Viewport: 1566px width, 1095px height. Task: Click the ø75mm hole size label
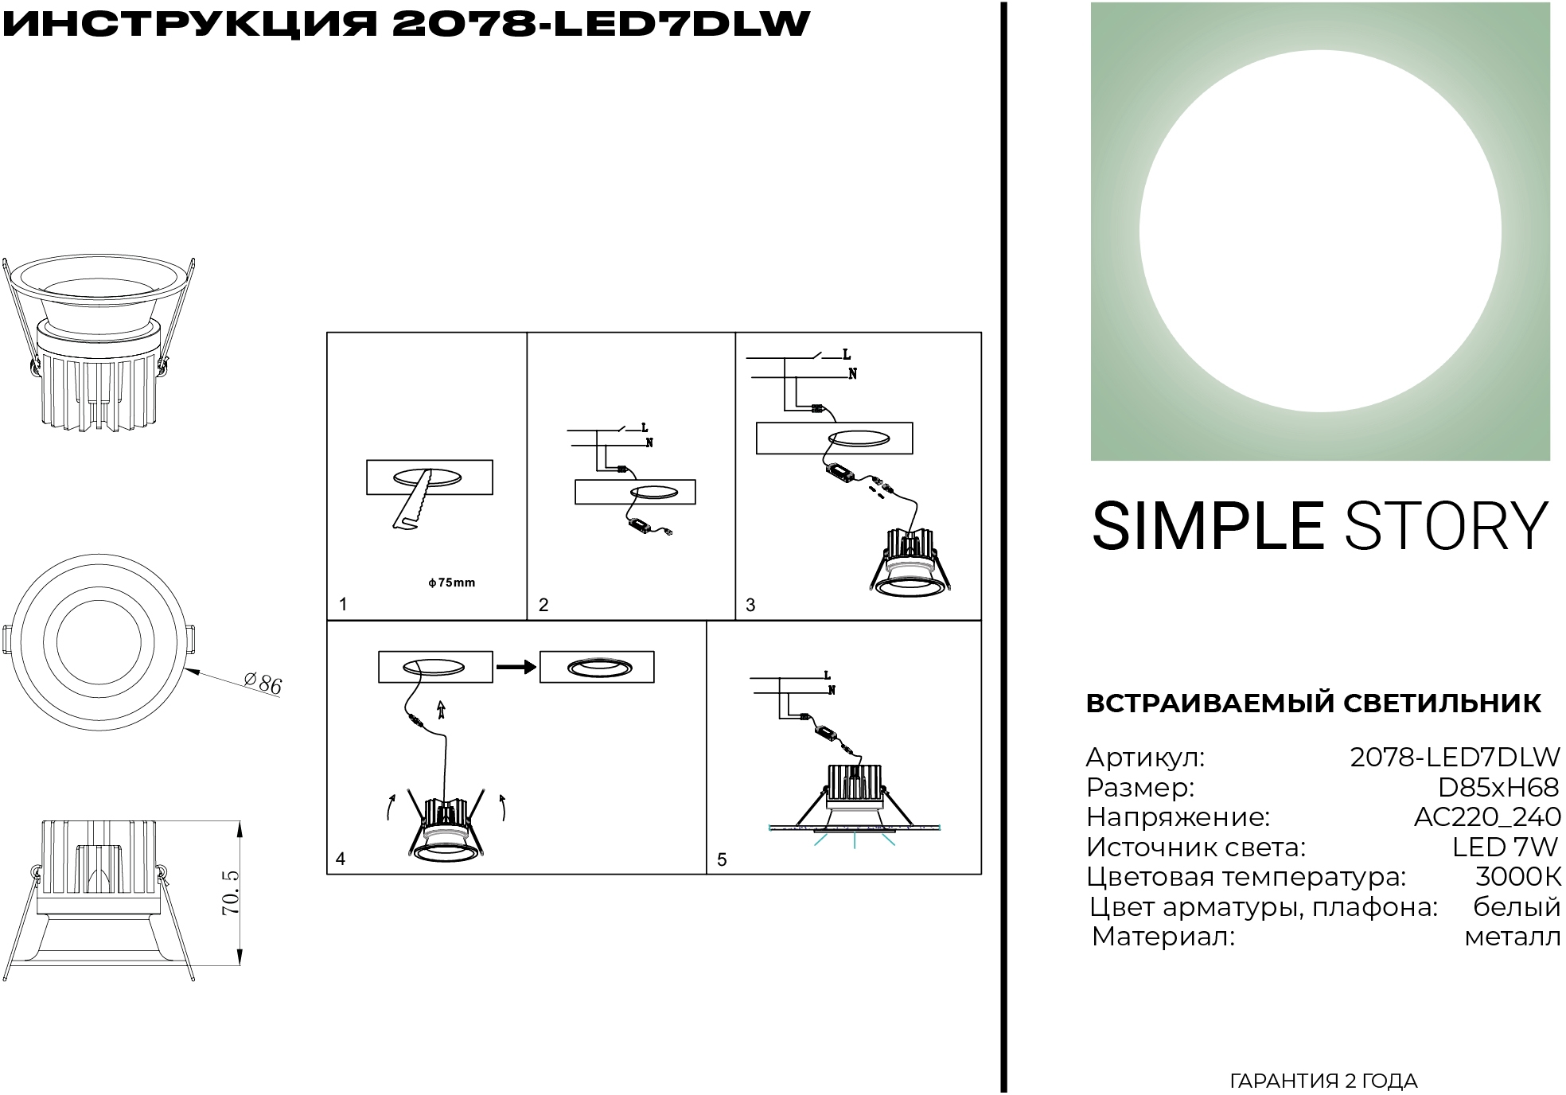click(451, 583)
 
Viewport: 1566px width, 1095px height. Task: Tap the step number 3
click(750, 605)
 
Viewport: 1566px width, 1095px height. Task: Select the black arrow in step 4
click(516, 667)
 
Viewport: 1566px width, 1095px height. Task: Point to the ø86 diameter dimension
click(263, 683)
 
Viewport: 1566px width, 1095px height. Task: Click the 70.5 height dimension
click(231, 892)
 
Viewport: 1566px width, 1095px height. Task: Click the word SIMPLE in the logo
click(1206, 527)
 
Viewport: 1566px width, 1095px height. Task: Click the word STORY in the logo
click(1447, 527)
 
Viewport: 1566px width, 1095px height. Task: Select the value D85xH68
click(1498, 788)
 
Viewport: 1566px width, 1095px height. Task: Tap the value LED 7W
click(1505, 848)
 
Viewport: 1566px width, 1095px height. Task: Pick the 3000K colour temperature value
click(1517, 877)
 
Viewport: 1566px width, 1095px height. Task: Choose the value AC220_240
click(1486, 817)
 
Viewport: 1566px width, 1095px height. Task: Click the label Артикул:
click(1145, 758)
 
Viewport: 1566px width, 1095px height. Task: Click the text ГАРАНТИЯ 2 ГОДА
click(1323, 1081)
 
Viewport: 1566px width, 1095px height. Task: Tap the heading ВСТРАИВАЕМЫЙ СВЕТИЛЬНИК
click(1313, 703)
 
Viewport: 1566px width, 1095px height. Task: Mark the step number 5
click(722, 859)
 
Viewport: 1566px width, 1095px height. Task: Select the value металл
click(1512, 937)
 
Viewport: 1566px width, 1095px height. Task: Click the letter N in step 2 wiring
click(649, 443)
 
